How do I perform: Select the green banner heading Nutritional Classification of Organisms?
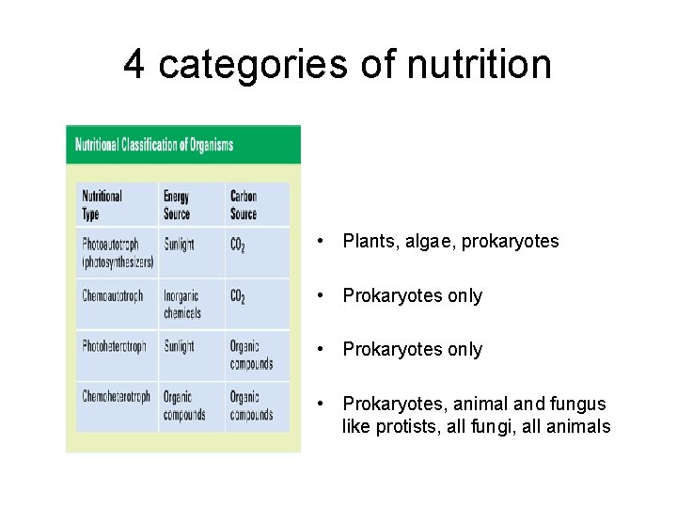154,145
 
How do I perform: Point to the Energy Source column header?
177,205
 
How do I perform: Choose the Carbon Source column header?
244,205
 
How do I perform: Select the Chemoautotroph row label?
113,295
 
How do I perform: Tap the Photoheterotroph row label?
114,346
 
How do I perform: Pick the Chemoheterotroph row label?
116,397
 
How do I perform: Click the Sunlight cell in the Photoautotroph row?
179,245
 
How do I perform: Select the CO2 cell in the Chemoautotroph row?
238,297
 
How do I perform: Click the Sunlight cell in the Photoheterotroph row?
179,346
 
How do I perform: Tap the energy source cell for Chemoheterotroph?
184,405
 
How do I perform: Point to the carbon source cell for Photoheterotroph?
251,355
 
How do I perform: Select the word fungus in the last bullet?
581,405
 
